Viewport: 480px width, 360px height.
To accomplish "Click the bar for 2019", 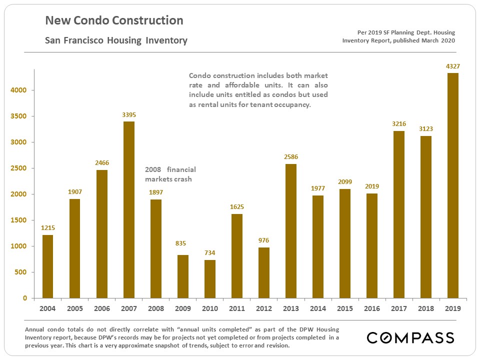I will point(453,185).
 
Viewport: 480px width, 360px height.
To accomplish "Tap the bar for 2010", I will point(210,279).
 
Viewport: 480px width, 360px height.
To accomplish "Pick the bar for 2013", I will point(291,231).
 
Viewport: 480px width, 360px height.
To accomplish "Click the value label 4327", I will point(453,66).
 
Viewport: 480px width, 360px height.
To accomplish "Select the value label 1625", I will point(237,206).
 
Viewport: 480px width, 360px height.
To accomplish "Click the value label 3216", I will point(399,123).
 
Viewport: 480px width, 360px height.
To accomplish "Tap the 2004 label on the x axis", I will point(48,308).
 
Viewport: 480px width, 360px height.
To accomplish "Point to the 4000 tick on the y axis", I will point(20,90).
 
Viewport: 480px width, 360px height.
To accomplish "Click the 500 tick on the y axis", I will point(22,272).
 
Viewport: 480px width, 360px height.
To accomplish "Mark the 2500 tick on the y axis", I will point(20,168).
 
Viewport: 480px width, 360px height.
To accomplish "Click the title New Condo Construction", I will point(114,21).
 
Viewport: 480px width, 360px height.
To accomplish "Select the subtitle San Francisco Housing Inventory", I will point(116,40).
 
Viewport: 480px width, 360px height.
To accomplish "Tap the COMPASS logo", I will point(410,337).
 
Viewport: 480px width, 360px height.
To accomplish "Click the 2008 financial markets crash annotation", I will point(170,174).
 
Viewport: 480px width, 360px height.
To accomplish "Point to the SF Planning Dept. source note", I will point(398,36).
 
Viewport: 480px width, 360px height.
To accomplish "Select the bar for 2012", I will point(264,273).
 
